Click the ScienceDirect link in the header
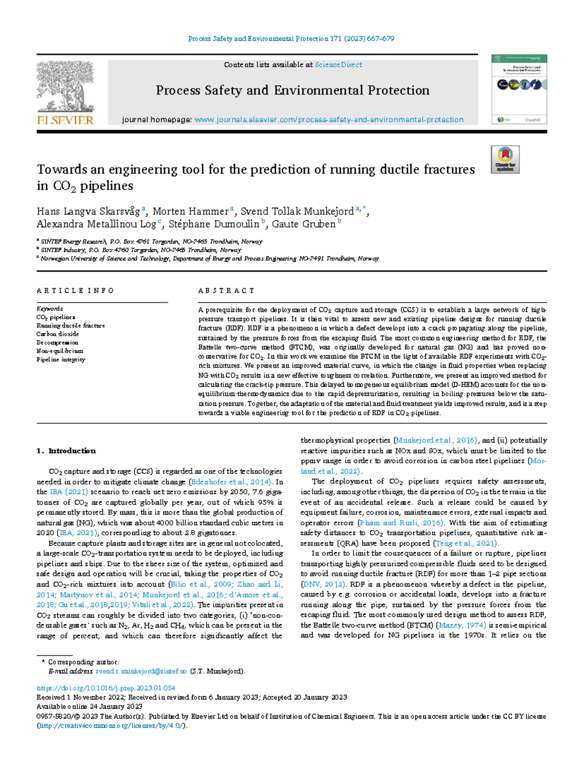tap(338, 65)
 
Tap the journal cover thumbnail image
tap(519, 90)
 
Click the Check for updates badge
tap(505, 159)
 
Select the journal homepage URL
tap(328, 120)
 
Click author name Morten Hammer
tap(190, 212)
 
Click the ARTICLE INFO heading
tap(75, 291)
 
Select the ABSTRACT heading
tap(226, 291)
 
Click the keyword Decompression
tap(57, 343)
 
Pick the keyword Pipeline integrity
tap(61, 360)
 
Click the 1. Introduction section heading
tap(66, 451)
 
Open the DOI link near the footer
tap(106, 688)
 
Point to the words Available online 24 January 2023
tap(90, 706)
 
